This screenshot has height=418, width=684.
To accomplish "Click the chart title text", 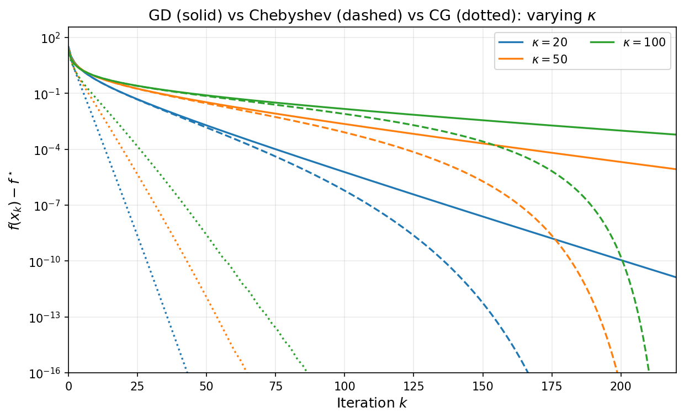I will [x=372, y=16].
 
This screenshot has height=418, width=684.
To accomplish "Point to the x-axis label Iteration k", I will [x=372, y=403].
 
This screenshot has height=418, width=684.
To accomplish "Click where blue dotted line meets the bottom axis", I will [x=187, y=373].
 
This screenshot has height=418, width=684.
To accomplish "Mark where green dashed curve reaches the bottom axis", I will [x=649, y=373].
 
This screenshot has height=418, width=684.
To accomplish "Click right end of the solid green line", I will [x=676, y=135].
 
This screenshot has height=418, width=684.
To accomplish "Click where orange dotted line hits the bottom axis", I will [x=246, y=373].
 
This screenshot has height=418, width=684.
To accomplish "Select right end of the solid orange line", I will [x=676, y=169].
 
